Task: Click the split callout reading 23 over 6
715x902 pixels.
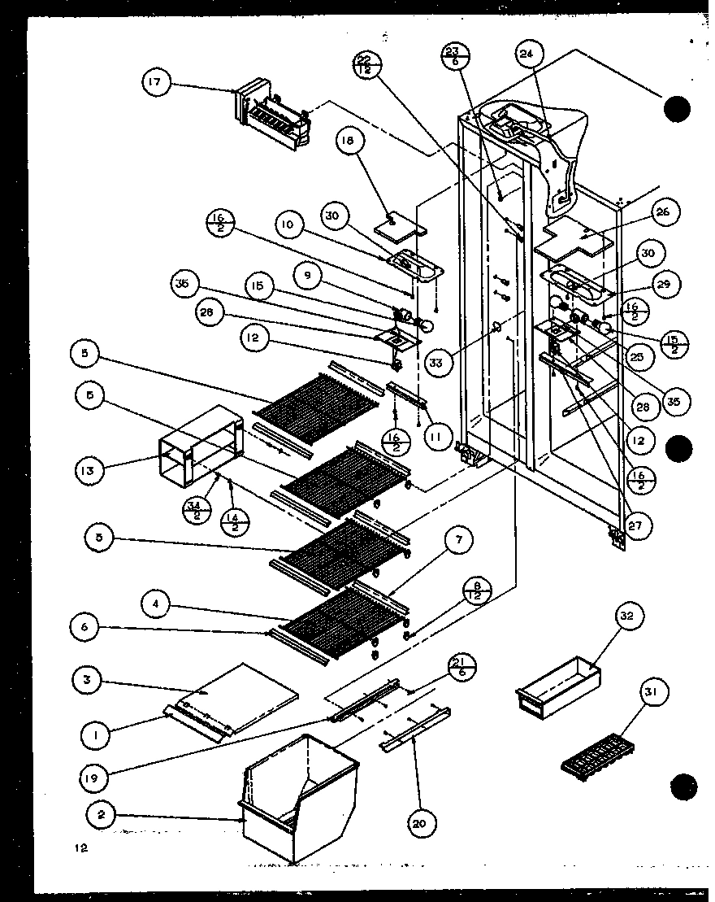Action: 453,60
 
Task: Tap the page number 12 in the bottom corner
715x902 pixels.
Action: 78,848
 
